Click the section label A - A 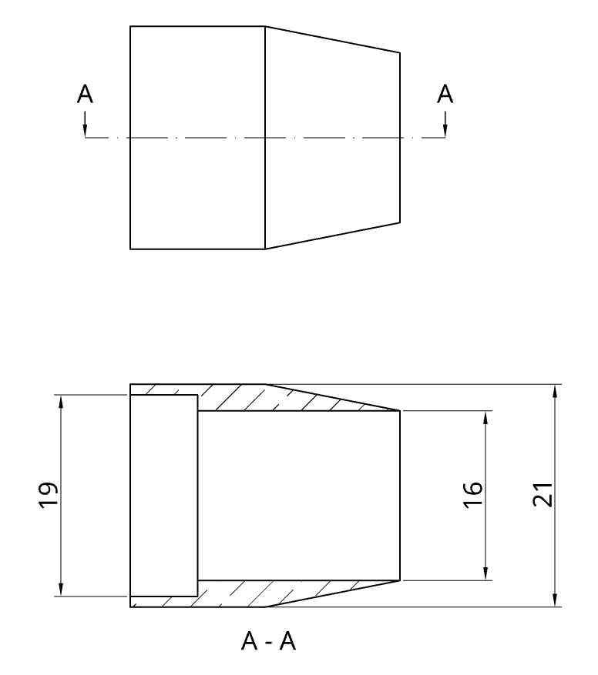click(267, 640)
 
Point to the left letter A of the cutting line click(86, 95)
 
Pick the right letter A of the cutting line click(445, 95)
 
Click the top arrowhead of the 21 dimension click(555, 390)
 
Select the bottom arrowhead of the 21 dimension click(555, 600)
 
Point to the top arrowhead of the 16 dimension click(485, 417)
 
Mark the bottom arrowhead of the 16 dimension click(485, 573)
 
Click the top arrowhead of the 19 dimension click(59, 401)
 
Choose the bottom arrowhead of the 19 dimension click(59, 590)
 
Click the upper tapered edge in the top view click(332, 39)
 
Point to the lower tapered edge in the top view click(332, 236)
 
